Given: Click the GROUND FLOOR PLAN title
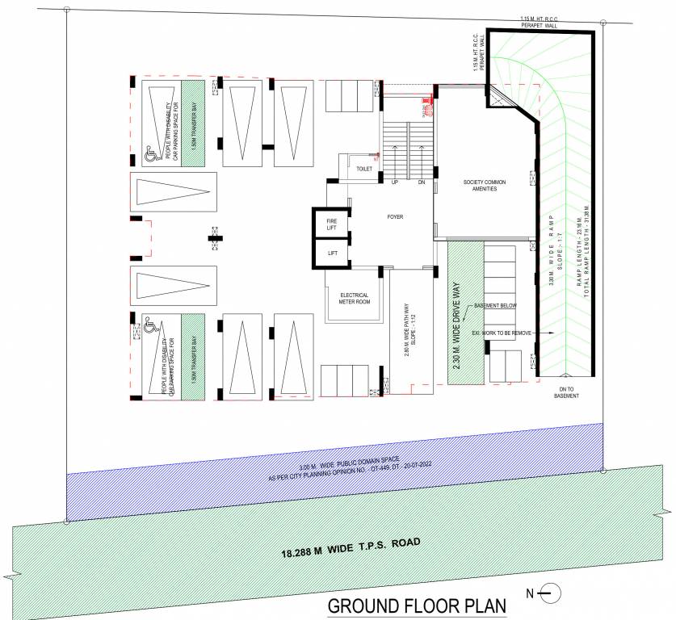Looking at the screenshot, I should click(415, 605).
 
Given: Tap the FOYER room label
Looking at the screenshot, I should click(395, 217).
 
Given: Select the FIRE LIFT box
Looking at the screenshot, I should click(331, 224).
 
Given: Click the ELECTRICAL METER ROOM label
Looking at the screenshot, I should click(355, 299).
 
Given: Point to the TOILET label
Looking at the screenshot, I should click(363, 169).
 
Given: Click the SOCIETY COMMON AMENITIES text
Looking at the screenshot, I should click(484, 184).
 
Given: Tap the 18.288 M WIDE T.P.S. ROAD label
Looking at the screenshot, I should click(351, 547).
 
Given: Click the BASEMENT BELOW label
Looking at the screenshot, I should click(494, 306).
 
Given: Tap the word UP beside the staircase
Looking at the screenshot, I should click(395, 182).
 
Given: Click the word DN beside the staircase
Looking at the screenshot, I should click(420, 182).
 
